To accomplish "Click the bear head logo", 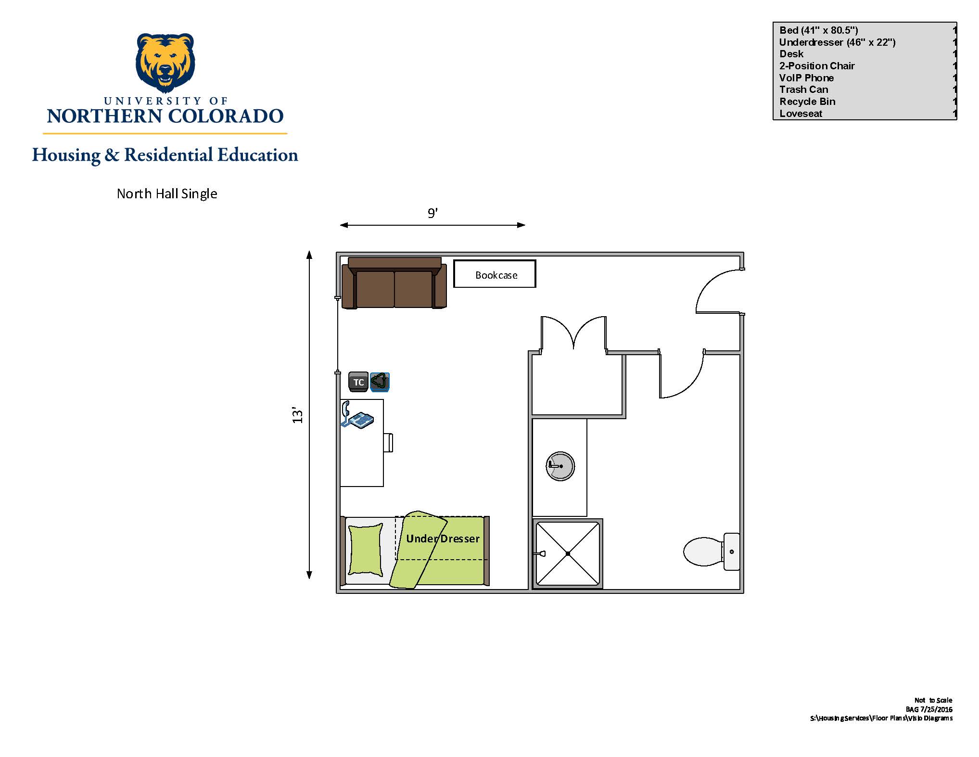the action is pyautogui.click(x=165, y=63).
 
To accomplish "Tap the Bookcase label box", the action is pyautogui.click(x=495, y=274).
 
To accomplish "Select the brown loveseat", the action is pyautogui.click(x=394, y=283).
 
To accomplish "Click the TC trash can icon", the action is pyautogui.click(x=358, y=382).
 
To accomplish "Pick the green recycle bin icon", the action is pyautogui.click(x=380, y=382).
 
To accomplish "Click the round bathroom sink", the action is pyautogui.click(x=560, y=466).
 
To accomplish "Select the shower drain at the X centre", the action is pyautogui.click(x=568, y=553).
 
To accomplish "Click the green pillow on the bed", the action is pyautogui.click(x=365, y=550).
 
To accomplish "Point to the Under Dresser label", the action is pyautogui.click(x=443, y=539).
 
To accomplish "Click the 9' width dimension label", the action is pyautogui.click(x=432, y=213).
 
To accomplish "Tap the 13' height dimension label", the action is pyautogui.click(x=298, y=416).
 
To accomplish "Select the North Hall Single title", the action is pyautogui.click(x=167, y=193).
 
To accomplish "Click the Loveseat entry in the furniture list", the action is pyautogui.click(x=801, y=114).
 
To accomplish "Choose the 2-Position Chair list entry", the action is pyautogui.click(x=817, y=66).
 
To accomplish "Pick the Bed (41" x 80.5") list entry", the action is pyautogui.click(x=819, y=30).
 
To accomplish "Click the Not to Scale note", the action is pyautogui.click(x=933, y=700).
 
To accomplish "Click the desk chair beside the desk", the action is pyautogui.click(x=388, y=443).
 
